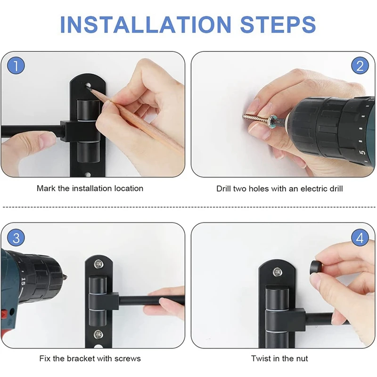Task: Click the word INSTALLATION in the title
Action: click(x=146, y=25)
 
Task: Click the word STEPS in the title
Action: click(x=278, y=25)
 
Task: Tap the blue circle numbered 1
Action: click(x=16, y=66)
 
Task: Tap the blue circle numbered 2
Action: click(x=360, y=66)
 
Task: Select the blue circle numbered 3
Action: click(x=16, y=238)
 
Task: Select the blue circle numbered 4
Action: click(x=360, y=238)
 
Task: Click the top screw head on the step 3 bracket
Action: click(x=98, y=263)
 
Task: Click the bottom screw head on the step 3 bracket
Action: click(x=98, y=334)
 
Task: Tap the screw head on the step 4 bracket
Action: click(x=277, y=272)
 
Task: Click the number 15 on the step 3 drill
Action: click(x=23, y=281)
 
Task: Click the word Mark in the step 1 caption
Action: click(x=46, y=188)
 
